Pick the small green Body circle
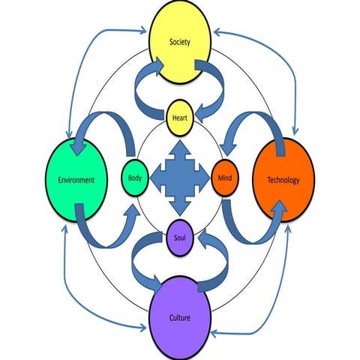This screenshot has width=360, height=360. pos(134,178)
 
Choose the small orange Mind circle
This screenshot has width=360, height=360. pos(224,178)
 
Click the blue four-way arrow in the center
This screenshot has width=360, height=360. pos(180,178)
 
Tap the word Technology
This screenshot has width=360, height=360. pos(283,180)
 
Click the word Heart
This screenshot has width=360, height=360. pos(180,118)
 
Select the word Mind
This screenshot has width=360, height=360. pos(224,179)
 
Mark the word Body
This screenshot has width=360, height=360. pos(134,178)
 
